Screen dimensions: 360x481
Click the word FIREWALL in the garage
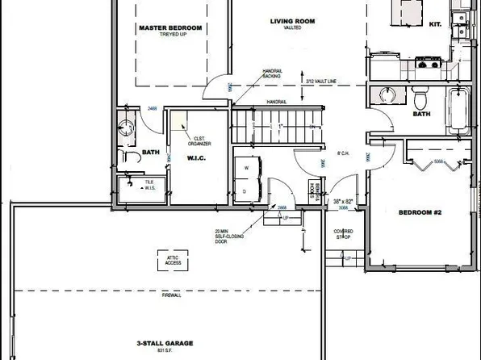(170, 296)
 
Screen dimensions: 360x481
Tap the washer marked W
(247, 167)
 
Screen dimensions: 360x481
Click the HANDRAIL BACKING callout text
(273, 74)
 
